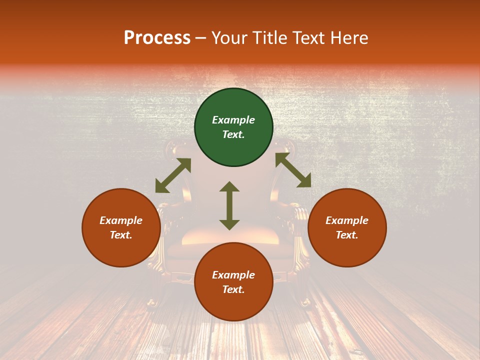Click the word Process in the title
point(157,38)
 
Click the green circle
point(233,105)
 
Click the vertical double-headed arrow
point(229,205)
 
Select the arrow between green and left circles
point(173,175)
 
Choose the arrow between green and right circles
point(293,170)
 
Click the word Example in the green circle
point(233,120)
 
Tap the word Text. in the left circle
point(121,235)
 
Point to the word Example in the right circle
point(347,220)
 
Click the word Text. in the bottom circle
point(233,289)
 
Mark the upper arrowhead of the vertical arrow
point(229,186)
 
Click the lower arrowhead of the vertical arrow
point(229,224)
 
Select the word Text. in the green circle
point(233,134)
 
